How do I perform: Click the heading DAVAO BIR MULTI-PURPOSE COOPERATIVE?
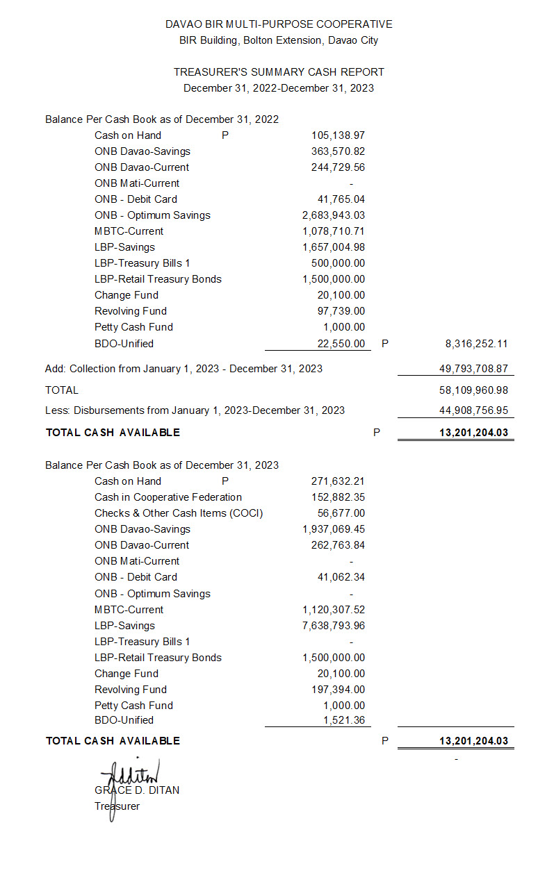point(279,24)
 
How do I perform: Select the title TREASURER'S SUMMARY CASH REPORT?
point(279,72)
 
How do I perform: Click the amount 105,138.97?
point(338,135)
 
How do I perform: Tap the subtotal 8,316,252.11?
point(476,343)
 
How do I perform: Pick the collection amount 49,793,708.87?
point(473,369)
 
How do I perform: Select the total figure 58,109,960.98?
point(473,390)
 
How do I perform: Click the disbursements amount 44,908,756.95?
point(473,410)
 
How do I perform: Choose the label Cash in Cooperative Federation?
point(168,497)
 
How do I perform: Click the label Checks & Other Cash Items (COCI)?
point(179,513)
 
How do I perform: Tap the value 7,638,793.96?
point(334,626)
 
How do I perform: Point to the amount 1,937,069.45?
point(334,529)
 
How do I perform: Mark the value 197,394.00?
point(338,690)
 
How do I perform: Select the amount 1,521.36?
point(344,720)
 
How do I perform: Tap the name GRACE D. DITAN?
point(137,790)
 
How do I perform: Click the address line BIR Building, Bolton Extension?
point(279,40)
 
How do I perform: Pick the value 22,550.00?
point(341,343)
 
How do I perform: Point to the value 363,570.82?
point(338,151)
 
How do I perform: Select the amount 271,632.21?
point(338,481)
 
